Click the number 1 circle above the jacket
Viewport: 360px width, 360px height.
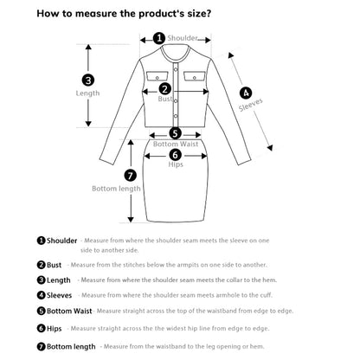coord(159,38)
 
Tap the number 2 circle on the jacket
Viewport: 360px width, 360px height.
coord(164,89)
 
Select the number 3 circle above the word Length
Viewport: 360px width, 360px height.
coord(88,80)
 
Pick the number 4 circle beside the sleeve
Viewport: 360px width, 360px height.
coord(246,93)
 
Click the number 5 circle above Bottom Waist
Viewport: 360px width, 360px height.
coord(175,133)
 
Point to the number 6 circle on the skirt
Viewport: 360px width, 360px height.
coord(176,155)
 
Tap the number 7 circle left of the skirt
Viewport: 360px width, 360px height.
coord(131,176)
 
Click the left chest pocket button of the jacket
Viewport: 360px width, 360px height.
coord(157,78)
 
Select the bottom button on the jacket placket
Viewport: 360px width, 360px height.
coord(176,116)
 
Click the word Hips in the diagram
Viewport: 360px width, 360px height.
coord(176,164)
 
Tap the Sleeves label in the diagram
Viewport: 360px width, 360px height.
coord(251,105)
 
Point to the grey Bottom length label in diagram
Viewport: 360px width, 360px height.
coord(116,189)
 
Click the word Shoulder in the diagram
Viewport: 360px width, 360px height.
coord(183,38)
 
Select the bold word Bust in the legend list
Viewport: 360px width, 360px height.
coord(55,265)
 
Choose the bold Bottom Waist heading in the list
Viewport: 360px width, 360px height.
coord(69,311)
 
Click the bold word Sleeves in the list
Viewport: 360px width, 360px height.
coord(59,295)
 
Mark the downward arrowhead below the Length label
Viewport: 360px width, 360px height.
coord(88,124)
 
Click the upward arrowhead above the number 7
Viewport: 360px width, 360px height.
coord(131,143)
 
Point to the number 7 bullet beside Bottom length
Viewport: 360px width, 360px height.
coord(42,346)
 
